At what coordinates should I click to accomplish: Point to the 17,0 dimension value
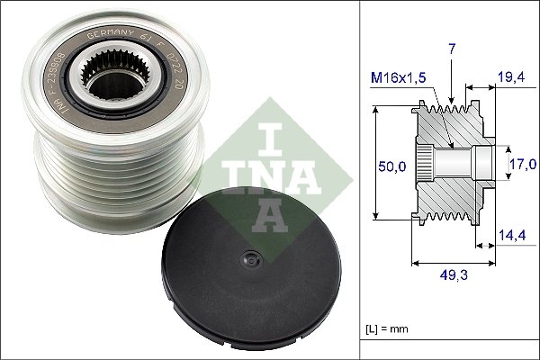[523, 164]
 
